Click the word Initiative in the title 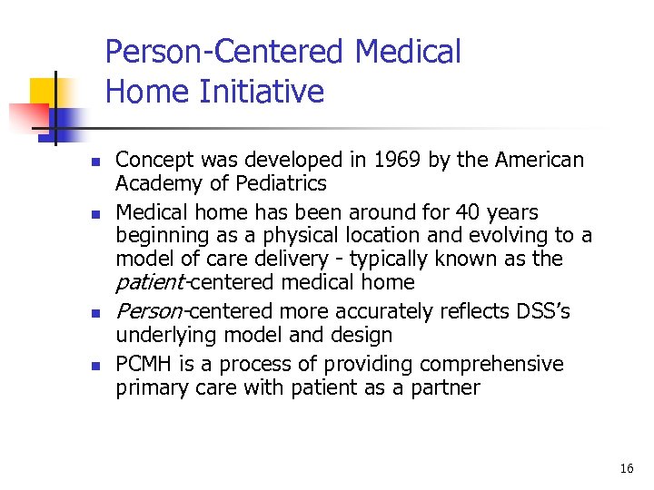[273, 92]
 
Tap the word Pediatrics [282, 183]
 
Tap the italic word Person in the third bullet [149, 312]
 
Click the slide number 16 [626, 468]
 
